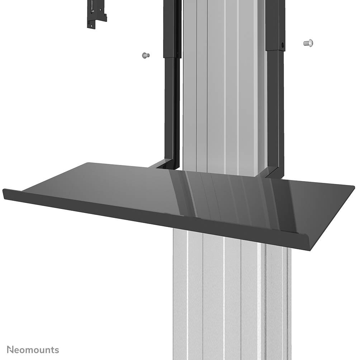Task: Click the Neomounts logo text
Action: (x=33, y=350)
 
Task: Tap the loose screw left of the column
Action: (x=145, y=55)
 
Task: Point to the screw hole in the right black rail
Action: (x=282, y=46)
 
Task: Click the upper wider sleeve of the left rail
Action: (x=172, y=29)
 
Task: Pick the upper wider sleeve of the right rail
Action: (x=275, y=25)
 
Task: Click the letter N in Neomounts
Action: (x=10, y=350)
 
